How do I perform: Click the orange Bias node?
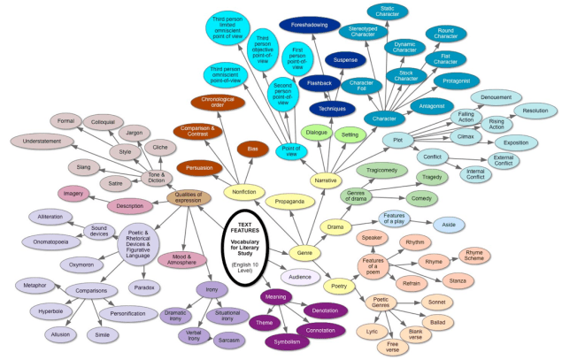(x=252, y=149)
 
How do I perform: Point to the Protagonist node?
(x=458, y=80)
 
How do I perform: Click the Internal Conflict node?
(x=475, y=174)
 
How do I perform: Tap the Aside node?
(x=450, y=225)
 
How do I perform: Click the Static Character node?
(x=388, y=11)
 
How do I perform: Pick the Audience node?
(x=301, y=277)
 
